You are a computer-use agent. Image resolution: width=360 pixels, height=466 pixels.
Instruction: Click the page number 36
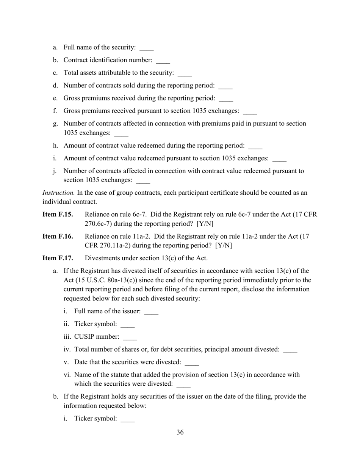pyautogui.click(x=180, y=432)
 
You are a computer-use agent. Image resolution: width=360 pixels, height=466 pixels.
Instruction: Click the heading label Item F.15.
pyautogui.click(x=58, y=214)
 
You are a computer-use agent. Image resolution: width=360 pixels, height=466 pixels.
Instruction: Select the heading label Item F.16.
pyautogui.click(x=58, y=236)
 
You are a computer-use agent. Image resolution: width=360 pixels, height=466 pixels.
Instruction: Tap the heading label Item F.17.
pyautogui.click(x=58, y=258)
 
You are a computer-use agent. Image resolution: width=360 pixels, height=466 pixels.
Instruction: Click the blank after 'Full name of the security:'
pyautogui.click(x=147, y=48)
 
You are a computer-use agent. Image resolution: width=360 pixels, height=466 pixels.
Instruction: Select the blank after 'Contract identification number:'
pyautogui.click(x=163, y=61)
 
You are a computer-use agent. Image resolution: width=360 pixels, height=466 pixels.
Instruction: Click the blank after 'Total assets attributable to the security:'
pyautogui.click(x=185, y=73)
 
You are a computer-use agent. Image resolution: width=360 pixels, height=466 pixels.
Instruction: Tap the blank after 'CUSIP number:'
pyautogui.click(x=130, y=337)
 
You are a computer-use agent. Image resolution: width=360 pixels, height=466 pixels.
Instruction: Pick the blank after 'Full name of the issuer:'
pyautogui.click(x=151, y=312)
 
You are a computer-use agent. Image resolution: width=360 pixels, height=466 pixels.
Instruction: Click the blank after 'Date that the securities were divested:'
pyautogui.click(x=192, y=363)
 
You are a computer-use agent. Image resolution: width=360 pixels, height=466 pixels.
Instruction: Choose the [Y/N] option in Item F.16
pyautogui.click(x=224, y=246)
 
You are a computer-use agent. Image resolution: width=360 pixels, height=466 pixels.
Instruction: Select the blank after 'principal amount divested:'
pyautogui.click(x=290, y=350)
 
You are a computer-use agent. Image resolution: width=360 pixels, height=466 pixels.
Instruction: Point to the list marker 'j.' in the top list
pyautogui.click(x=55, y=171)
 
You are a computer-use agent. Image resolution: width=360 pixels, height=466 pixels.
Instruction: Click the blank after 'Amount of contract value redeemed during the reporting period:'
pyautogui.click(x=255, y=146)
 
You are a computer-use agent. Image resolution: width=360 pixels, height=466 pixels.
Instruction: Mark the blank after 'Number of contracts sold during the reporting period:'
pyautogui.click(x=225, y=86)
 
